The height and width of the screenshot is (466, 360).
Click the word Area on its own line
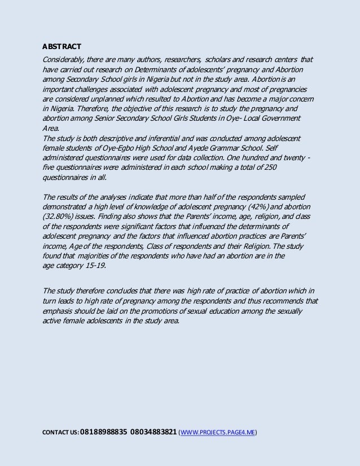click(x=51, y=129)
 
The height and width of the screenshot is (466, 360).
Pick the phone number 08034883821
click(x=153, y=433)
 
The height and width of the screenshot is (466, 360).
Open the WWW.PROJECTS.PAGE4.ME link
click(x=218, y=433)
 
